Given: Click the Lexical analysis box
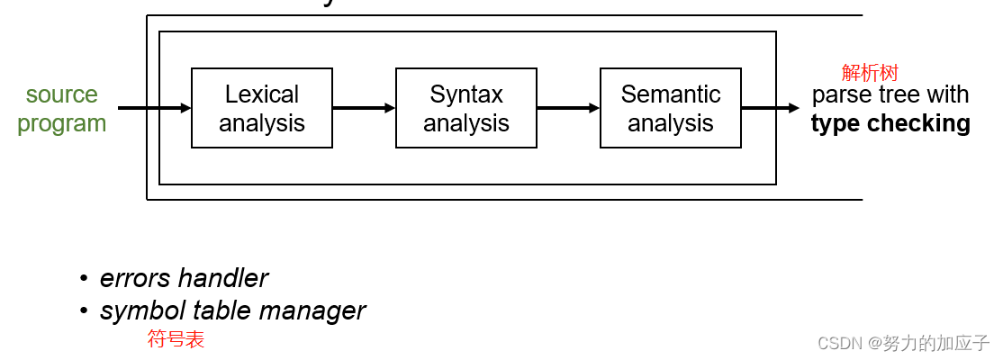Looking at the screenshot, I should coord(261,108).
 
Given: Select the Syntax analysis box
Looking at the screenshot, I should coord(465,108).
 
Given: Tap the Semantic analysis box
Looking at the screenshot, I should coord(670,108).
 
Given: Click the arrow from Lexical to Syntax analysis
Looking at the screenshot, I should coord(364,108).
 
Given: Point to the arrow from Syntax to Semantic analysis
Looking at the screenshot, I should coord(568,108).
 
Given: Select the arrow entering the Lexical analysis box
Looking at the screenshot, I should coord(154,108).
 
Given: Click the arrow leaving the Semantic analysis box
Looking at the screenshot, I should coord(770,108).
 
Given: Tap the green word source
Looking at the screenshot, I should coord(61,94).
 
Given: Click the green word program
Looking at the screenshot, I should coord(61,123).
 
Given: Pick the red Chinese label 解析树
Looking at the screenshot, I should coord(870,73).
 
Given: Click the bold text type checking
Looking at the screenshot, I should coord(890,123).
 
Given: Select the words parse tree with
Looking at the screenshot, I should coord(890,94).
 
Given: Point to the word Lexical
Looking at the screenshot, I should coord(262,94).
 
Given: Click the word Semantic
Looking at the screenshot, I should coord(671,94).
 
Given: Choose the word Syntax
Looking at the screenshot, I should coord(466,94).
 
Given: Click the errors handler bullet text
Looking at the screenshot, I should coord(184,278).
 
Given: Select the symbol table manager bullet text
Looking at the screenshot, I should coord(232,310).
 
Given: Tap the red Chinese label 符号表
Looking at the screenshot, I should coord(176,339).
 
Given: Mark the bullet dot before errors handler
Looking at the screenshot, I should coord(84,279).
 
